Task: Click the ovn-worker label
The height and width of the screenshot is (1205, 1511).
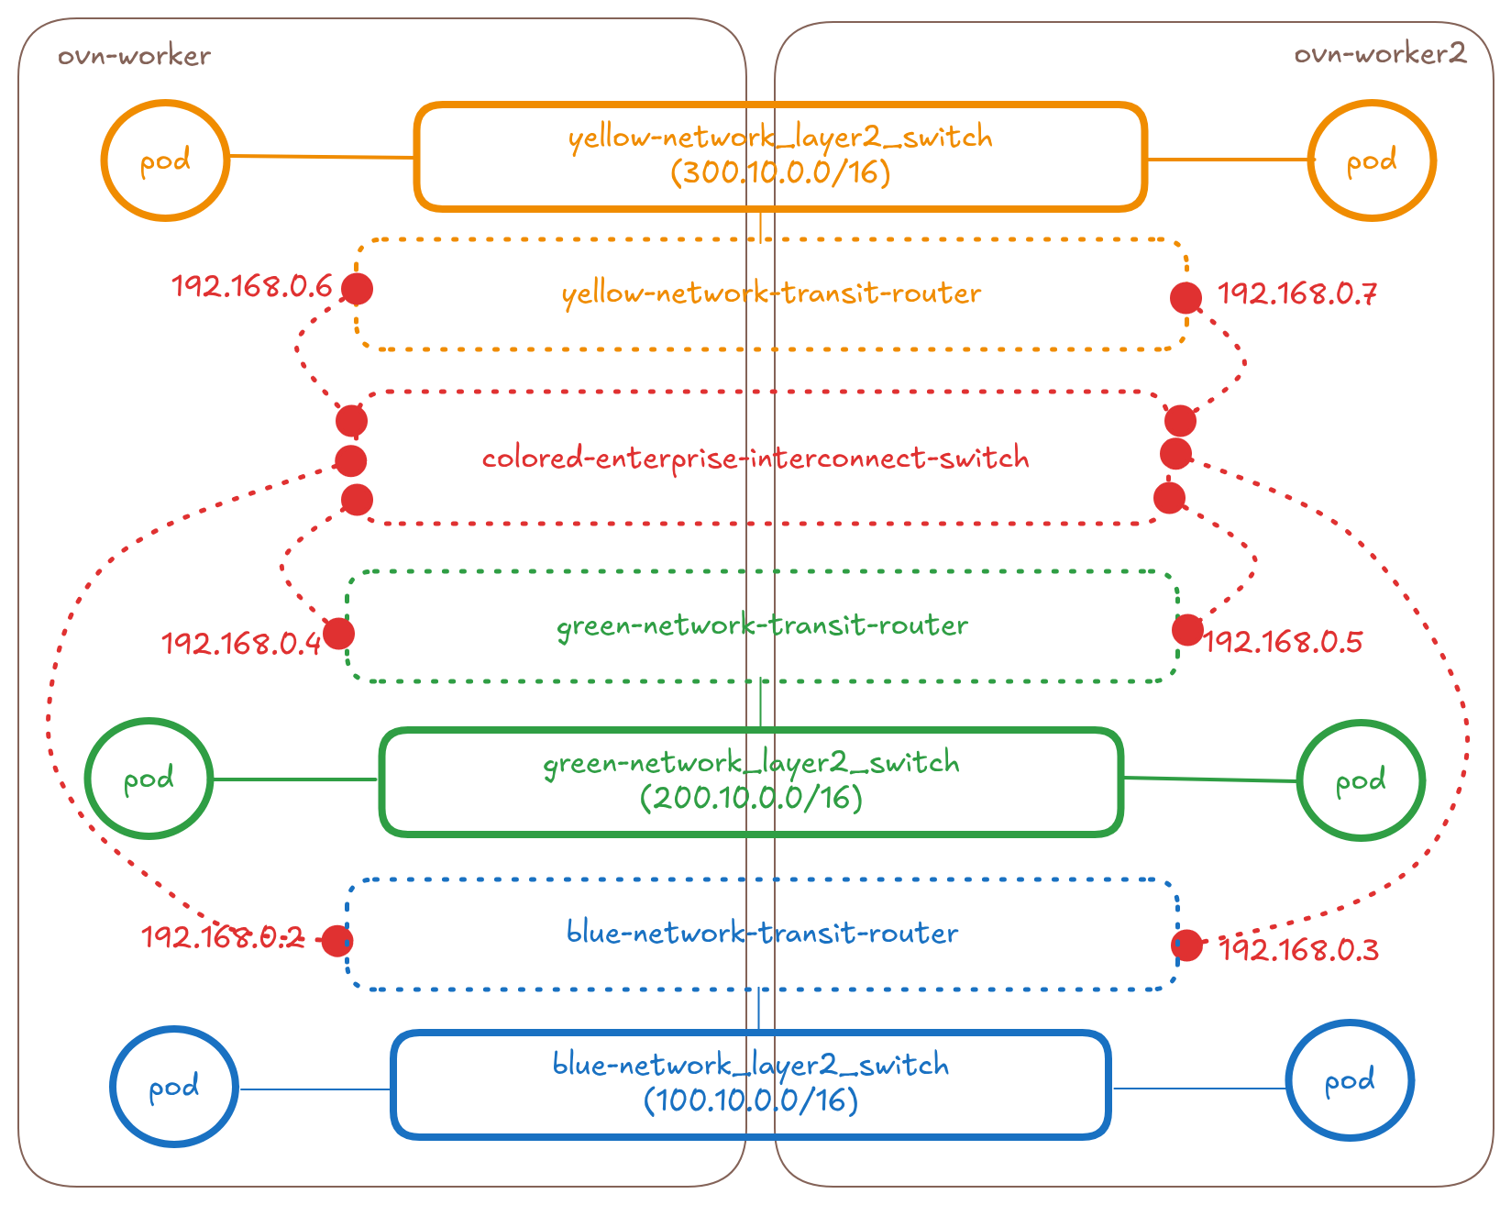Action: tap(135, 57)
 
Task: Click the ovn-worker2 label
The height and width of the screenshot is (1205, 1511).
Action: tap(1379, 54)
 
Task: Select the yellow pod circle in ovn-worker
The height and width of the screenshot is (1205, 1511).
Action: tap(165, 160)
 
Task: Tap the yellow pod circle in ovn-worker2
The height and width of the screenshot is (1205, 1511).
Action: tap(1371, 161)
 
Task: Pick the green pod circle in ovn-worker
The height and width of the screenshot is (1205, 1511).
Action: tap(149, 779)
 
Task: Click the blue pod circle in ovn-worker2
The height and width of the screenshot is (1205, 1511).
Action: tap(1349, 1081)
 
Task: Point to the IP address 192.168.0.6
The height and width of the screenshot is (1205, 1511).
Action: tap(252, 287)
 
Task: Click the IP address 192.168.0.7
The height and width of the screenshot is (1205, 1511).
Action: tap(1296, 294)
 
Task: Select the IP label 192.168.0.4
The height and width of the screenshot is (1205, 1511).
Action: tap(241, 644)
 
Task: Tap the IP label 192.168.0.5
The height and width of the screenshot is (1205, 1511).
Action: tap(1284, 642)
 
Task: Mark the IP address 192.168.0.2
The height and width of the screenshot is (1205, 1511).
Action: tap(222, 937)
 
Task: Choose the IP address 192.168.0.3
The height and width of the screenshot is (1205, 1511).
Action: tap(1299, 950)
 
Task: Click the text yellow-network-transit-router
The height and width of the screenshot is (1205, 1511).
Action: tap(771, 293)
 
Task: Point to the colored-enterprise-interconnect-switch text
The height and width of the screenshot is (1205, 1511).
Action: tap(755, 458)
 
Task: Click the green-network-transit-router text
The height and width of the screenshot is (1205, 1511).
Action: tap(762, 625)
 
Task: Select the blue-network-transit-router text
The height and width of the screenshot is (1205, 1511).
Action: tap(762, 933)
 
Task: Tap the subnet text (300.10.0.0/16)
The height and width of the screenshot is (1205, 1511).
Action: tap(780, 172)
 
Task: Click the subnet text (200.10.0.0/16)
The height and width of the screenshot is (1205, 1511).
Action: tap(751, 798)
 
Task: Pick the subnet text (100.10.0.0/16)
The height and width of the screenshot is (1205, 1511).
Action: tap(751, 1100)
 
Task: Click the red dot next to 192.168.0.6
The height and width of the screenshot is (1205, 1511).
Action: tap(357, 289)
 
